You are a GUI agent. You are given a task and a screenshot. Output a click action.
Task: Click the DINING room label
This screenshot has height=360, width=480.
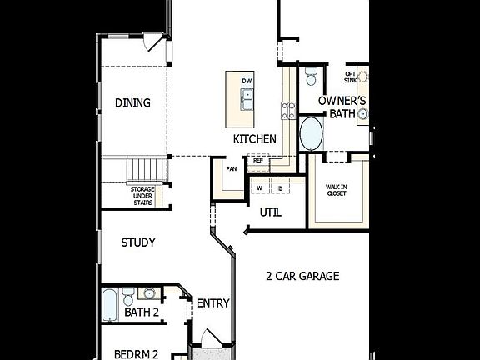pos(132,103)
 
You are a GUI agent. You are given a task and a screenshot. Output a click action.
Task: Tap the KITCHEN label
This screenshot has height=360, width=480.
pos(254,139)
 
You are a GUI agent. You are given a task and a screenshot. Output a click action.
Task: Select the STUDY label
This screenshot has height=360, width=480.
pos(138,243)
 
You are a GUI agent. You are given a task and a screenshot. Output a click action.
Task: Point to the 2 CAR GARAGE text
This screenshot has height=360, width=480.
pos(302,276)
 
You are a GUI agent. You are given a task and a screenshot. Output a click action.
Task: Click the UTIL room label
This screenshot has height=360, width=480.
pos(270,212)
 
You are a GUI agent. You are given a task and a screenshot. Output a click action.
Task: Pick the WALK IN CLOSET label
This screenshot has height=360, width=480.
pos(337,190)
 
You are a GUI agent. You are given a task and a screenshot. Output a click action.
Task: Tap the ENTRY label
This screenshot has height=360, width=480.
pos(212,303)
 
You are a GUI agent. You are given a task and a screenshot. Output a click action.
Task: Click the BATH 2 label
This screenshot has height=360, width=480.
pos(142,312)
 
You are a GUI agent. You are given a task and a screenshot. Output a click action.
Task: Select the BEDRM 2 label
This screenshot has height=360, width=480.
pos(137,353)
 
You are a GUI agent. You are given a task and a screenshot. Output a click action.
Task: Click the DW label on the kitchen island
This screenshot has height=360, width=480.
pos(247,81)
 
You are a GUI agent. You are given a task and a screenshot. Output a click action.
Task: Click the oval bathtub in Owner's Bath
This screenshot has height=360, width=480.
pos(312,133)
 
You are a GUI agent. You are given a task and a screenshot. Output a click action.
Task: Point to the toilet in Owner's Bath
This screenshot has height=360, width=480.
pos(311,77)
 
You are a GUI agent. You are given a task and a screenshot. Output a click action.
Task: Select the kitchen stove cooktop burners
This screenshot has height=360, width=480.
pos(288,110)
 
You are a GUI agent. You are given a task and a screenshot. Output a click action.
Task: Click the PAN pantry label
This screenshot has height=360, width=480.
pos(231,168)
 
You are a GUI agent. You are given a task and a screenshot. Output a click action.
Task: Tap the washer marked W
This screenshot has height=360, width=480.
pos(259,188)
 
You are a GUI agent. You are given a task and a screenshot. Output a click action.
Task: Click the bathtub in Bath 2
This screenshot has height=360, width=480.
pos(110,305)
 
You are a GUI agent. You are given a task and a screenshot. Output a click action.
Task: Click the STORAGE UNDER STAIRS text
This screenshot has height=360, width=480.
pos(142,196)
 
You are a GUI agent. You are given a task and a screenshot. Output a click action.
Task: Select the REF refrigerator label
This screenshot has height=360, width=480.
pos(257,160)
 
